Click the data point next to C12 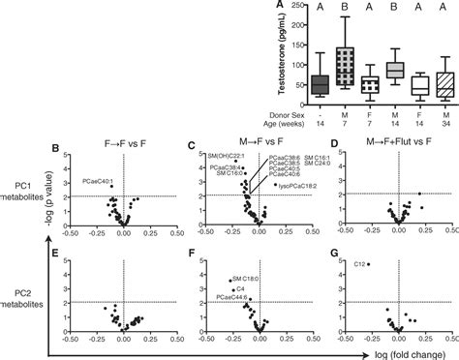point(370,263)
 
